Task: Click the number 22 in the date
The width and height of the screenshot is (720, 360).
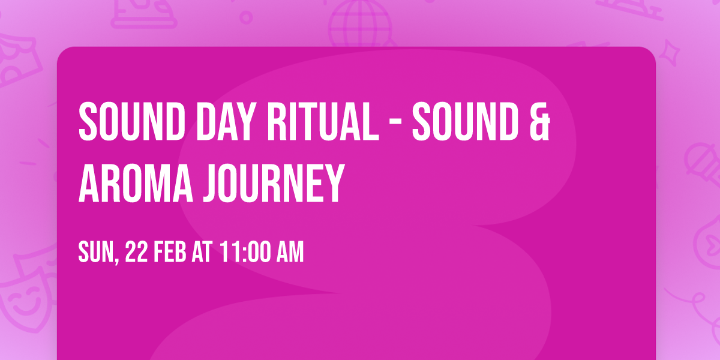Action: coord(137,253)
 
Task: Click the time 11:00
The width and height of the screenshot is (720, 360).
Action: coord(244,253)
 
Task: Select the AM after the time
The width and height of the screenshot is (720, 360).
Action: coord(290,253)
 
